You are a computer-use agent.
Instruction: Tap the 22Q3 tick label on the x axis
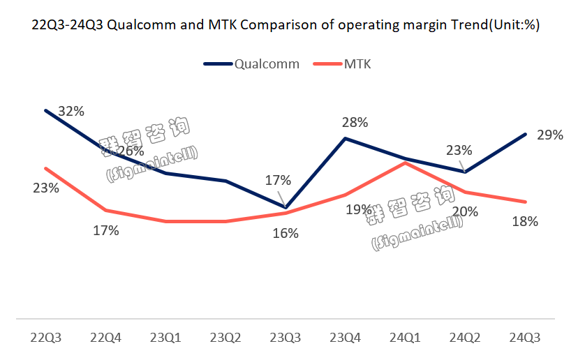pyautogui.click(x=45, y=338)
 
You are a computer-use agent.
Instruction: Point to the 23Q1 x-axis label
pyautogui.click(x=165, y=338)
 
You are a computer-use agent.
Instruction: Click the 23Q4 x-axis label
pyautogui.click(x=346, y=338)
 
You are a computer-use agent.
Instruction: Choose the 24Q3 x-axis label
pyautogui.click(x=525, y=338)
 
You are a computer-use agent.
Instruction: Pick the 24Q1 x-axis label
pyautogui.click(x=406, y=338)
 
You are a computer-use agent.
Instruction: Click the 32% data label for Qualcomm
pyautogui.click(x=71, y=111)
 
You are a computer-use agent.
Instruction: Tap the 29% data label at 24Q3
pyautogui.click(x=550, y=135)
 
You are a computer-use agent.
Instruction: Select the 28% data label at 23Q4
pyautogui.click(x=355, y=123)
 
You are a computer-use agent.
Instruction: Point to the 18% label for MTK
pyautogui.click(x=525, y=222)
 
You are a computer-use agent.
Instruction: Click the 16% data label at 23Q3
pyautogui.click(x=286, y=234)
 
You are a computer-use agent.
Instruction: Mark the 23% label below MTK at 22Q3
pyautogui.click(x=45, y=188)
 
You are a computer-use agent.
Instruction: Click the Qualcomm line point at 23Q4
pyautogui.click(x=346, y=138)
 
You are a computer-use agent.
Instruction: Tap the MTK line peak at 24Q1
pyautogui.click(x=406, y=163)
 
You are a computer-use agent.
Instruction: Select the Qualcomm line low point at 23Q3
pyautogui.click(x=286, y=207)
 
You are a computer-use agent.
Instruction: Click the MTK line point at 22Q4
pyautogui.click(x=105, y=209)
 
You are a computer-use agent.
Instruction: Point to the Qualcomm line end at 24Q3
pyautogui.click(x=525, y=134)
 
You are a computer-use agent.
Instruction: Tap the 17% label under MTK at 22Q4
pyautogui.click(x=106, y=230)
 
